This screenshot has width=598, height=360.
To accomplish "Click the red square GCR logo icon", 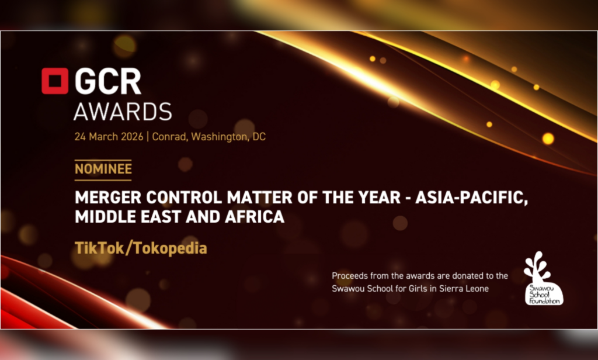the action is pyautogui.click(x=55, y=81).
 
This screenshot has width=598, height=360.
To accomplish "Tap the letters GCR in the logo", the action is pyautogui.click(x=108, y=81).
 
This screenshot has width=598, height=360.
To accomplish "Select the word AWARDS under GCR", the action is pyautogui.click(x=123, y=112).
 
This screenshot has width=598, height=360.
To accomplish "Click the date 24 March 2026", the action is pyautogui.click(x=109, y=137).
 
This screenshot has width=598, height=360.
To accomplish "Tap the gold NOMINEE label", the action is pyautogui.click(x=103, y=169).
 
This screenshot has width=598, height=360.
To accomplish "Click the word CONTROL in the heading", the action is pyautogui.click(x=184, y=198).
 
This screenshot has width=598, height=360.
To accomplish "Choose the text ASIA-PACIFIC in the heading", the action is pyautogui.click(x=472, y=198).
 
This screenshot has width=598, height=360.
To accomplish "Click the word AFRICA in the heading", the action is pyautogui.click(x=255, y=217).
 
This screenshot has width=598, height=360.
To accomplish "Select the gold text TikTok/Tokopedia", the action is pyautogui.click(x=141, y=248).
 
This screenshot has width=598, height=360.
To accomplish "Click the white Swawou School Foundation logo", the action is pyautogui.click(x=544, y=278).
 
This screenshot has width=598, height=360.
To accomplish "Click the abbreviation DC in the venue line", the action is pyautogui.click(x=259, y=137).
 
